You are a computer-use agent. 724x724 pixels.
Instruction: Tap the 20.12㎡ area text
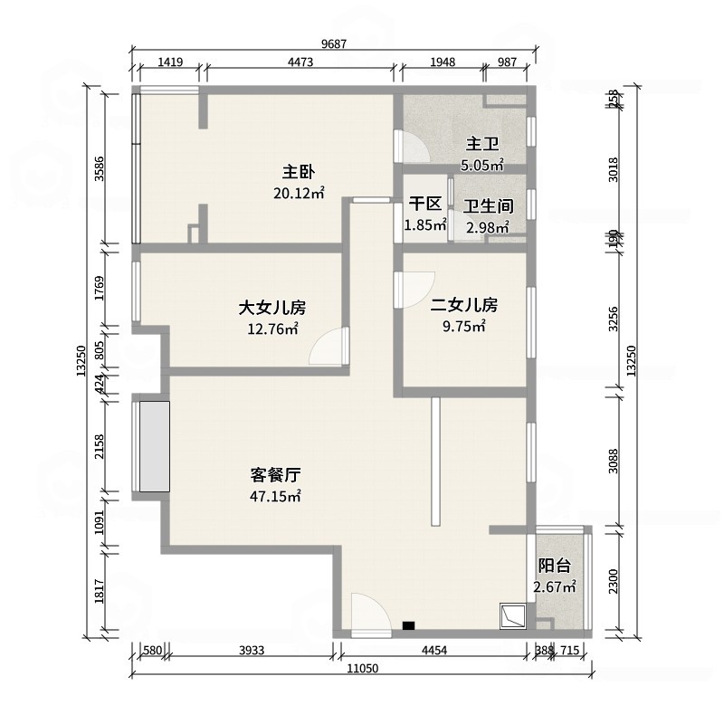click(x=298, y=193)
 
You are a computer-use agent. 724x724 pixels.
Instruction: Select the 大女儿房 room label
click(x=272, y=308)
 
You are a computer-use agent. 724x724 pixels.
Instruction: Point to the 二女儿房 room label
click(x=464, y=304)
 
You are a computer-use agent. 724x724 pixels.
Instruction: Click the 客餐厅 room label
click(x=275, y=474)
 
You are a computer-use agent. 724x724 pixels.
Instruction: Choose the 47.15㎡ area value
click(x=275, y=496)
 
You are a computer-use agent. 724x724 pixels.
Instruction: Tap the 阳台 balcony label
click(x=555, y=566)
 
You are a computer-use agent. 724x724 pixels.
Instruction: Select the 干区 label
click(x=424, y=205)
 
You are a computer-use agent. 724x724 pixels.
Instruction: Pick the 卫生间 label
click(x=489, y=206)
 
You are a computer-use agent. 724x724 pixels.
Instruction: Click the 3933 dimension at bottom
click(x=246, y=649)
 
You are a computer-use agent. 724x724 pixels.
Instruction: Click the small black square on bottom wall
click(x=409, y=624)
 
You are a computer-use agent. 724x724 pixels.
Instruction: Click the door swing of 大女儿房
click(x=328, y=348)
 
